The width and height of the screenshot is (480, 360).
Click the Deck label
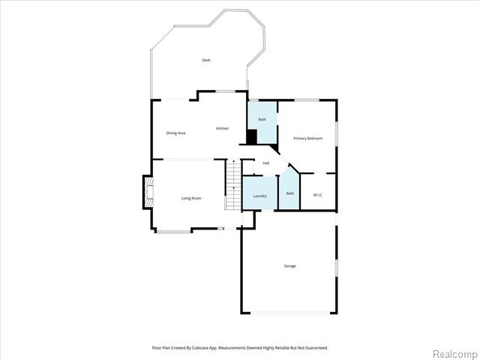206,60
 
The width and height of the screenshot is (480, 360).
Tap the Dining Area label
175,133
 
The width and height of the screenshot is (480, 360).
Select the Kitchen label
222,128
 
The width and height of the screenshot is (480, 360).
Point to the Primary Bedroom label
308,138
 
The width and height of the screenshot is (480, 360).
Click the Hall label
266,163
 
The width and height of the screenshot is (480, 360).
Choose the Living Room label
191,198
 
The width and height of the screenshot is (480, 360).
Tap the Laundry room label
260,196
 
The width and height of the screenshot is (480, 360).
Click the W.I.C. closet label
318,195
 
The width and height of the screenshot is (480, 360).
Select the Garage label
290,266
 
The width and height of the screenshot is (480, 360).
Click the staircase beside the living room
233,185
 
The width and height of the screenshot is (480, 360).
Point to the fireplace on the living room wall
148,192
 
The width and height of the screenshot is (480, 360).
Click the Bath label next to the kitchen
262,119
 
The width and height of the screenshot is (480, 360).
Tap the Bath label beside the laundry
290,193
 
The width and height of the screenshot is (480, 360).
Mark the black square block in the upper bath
252,136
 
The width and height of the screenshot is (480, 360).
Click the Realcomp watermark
454,354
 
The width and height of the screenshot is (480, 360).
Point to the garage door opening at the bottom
290,313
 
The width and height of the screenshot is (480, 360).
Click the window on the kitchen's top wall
226,91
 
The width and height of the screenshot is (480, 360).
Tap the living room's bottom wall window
174,232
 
